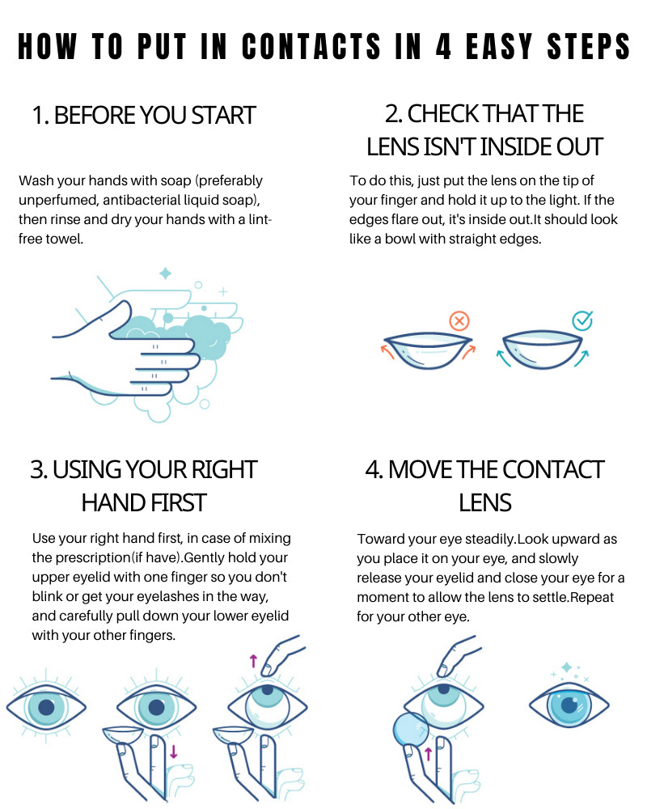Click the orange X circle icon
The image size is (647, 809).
459,322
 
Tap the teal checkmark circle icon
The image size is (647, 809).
582,321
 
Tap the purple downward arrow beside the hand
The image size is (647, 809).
174,753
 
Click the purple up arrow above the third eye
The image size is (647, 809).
253,661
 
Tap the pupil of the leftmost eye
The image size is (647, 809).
46,708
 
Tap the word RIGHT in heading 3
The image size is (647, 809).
222,470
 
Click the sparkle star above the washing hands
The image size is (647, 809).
165,273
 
